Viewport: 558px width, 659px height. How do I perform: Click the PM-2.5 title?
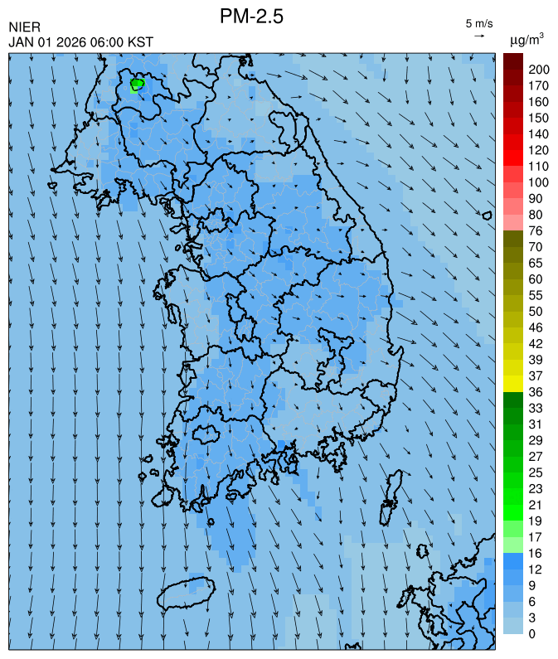point(251,16)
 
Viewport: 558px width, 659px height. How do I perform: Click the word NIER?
point(24,28)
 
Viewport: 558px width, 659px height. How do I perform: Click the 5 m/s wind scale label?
point(479,22)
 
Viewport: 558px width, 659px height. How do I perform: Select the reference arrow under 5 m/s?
point(479,36)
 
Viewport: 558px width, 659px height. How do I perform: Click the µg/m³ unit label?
point(526,39)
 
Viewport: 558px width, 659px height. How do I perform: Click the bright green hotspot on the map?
point(137,84)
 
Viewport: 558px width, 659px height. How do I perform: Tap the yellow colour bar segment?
point(512,384)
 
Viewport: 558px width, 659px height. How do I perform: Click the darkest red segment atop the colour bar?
point(512,61)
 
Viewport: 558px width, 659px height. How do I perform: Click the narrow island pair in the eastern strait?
point(388,503)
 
